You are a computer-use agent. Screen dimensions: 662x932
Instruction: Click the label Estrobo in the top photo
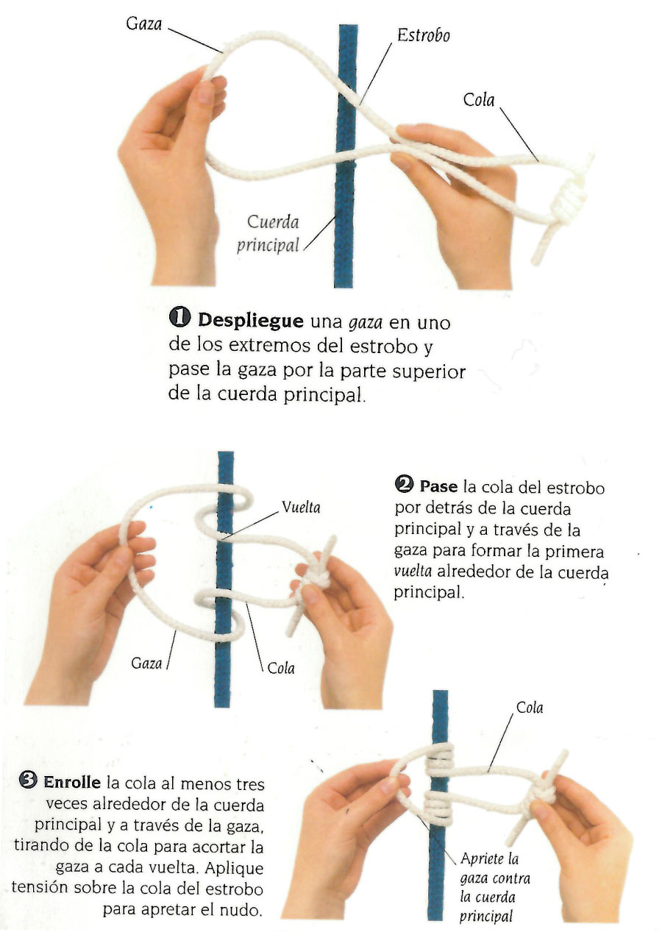423,35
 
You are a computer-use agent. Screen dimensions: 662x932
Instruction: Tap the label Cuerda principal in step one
268,233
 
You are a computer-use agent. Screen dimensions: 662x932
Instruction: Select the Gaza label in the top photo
144,24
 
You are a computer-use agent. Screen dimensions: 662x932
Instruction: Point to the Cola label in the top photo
479,100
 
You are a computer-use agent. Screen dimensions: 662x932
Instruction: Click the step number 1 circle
179,319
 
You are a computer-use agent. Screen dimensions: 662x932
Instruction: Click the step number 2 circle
404,485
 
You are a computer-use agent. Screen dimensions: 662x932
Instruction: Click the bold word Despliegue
251,320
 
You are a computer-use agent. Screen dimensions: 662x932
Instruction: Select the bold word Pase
438,486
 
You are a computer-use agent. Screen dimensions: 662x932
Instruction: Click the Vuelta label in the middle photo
301,507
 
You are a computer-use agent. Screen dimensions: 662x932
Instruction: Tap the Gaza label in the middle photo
146,663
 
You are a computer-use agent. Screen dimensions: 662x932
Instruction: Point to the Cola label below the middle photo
281,668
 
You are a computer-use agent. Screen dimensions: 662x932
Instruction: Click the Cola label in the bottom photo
530,708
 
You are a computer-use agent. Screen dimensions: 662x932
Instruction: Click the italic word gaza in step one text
366,322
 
